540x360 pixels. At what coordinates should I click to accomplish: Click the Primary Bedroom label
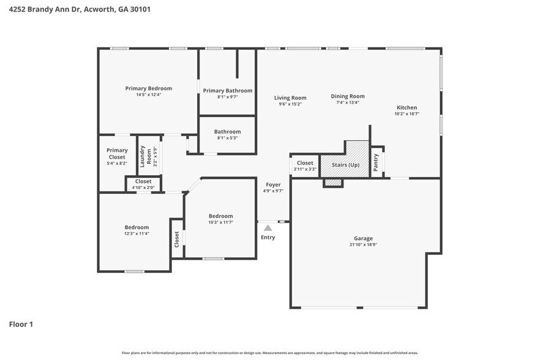[148, 89]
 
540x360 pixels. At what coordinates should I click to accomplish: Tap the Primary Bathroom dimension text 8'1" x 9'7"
[227, 97]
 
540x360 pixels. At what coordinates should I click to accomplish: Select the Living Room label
[290, 98]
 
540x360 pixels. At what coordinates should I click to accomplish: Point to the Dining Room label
[348, 96]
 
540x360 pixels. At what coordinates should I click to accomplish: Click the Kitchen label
[406, 108]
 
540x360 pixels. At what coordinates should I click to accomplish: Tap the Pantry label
[376, 162]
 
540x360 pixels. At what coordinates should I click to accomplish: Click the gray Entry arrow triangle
[268, 228]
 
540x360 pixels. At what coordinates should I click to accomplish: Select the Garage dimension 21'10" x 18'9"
[363, 245]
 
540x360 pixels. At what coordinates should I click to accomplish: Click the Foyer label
[273, 184]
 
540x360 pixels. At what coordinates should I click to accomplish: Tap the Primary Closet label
[117, 154]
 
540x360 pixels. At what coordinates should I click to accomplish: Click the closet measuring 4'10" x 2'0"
[143, 184]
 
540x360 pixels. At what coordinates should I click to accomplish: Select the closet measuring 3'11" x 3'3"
[305, 166]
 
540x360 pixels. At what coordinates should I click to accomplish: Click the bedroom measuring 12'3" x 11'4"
[136, 230]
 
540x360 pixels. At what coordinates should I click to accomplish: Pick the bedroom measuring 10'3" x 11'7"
[220, 219]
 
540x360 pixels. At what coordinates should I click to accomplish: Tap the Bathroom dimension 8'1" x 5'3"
[227, 138]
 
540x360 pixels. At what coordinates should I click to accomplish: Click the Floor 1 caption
[21, 324]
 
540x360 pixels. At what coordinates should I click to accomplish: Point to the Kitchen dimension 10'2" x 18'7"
[406, 114]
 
